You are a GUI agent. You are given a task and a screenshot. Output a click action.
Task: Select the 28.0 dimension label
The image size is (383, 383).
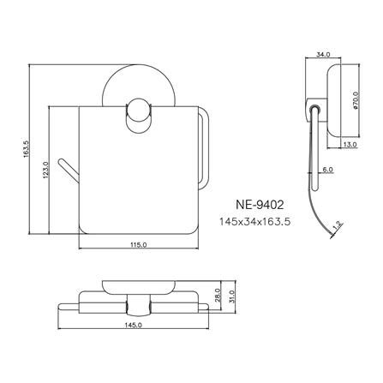(218, 294)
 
